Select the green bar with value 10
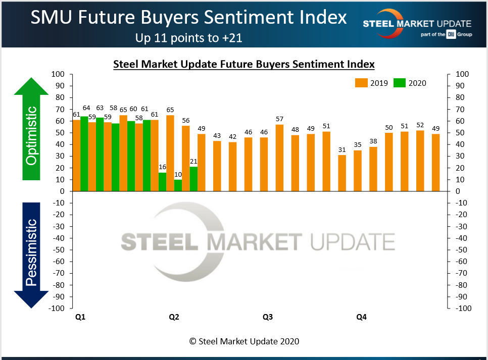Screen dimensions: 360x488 click(x=178, y=185)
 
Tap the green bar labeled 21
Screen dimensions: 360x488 click(x=193, y=179)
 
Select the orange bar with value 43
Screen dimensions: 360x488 click(x=217, y=166)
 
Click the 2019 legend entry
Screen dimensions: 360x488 click(x=371, y=83)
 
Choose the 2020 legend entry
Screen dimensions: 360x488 click(x=410, y=83)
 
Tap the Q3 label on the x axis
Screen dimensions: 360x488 click(x=268, y=317)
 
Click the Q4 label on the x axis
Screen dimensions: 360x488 click(x=361, y=317)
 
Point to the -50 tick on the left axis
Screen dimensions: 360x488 click(x=59, y=250)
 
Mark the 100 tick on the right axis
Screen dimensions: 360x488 click(x=462, y=74)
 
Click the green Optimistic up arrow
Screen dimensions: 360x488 click(x=31, y=128)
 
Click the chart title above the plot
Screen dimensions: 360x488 click(x=243, y=64)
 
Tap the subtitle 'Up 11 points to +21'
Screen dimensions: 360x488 click(x=189, y=37)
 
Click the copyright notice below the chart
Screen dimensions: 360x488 click(x=244, y=341)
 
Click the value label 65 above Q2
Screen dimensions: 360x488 click(x=170, y=110)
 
